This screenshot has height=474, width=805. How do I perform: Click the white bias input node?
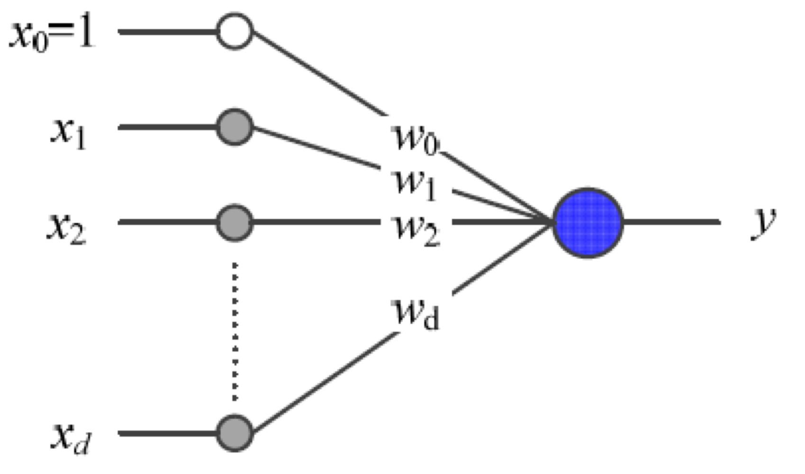point(235,31)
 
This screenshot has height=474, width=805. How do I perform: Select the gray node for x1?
point(235,127)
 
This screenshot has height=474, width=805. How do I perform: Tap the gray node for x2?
point(235,222)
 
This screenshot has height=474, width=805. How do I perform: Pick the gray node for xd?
point(235,433)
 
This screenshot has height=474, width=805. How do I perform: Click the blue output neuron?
point(588,223)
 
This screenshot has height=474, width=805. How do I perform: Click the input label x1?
point(69,133)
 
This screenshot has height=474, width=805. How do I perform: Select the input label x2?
point(66,228)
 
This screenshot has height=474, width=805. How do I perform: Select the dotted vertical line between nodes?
point(235,332)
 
